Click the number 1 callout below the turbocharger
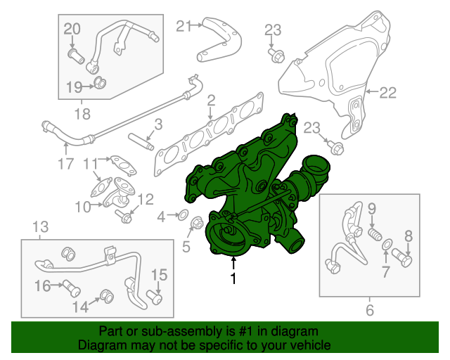(x=233, y=278)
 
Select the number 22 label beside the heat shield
(x=388, y=91)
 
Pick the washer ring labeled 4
(x=181, y=215)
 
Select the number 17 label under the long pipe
(x=65, y=165)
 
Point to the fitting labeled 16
(x=67, y=285)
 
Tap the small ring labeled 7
(x=386, y=244)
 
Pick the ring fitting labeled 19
(x=101, y=85)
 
